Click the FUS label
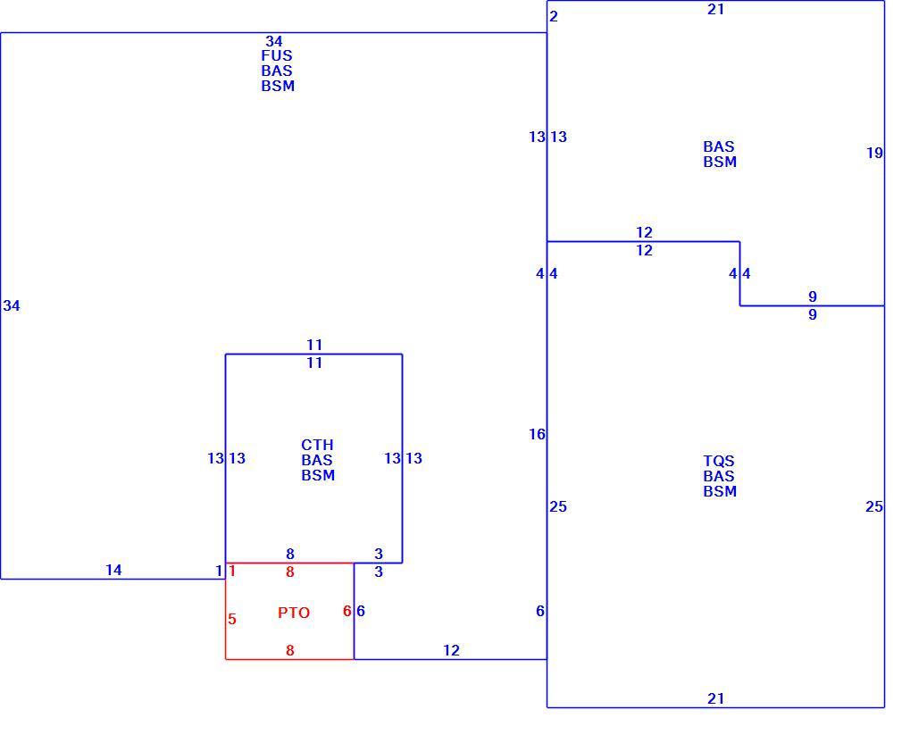(277, 55)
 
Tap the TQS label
(719, 461)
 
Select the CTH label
(317, 445)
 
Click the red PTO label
(294, 613)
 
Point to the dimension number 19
(874, 153)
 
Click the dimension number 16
(537, 434)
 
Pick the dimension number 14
(113, 570)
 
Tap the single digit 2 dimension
(554, 16)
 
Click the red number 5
(232, 620)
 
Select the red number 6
(347, 611)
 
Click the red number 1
(232, 571)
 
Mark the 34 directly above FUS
(274, 41)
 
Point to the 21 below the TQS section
(715, 698)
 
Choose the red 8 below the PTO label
(290, 650)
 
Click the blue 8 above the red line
(290, 554)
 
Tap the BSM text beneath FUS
(278, 87)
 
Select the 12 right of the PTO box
(451, 650)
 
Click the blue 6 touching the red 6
(361, 611)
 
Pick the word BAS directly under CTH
(317, 460)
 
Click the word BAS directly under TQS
(719, 476)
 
